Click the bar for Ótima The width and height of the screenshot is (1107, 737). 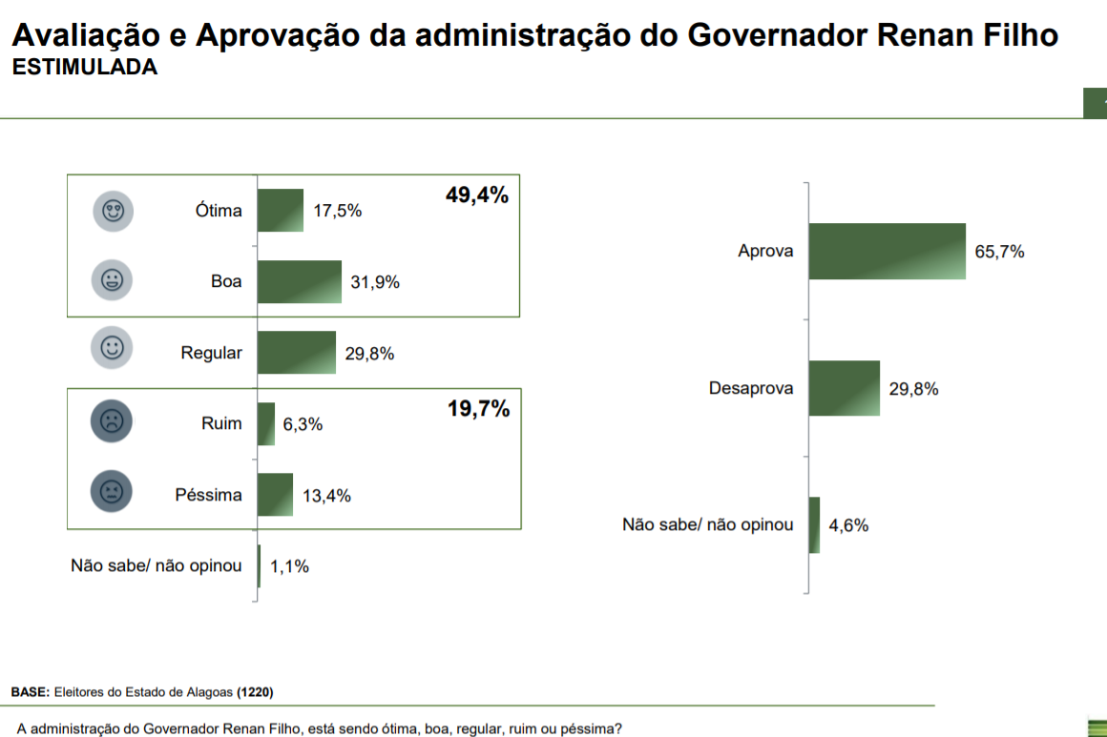point(281,210)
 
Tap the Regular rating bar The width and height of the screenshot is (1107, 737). point(297,353)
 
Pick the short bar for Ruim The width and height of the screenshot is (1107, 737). point(266,423)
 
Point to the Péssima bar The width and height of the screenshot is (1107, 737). point(275,495)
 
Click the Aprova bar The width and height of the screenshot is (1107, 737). point(887,252)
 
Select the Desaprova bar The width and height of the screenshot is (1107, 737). point(844,388)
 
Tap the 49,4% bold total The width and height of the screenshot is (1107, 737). point(477,195)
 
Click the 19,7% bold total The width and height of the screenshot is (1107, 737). point(478,410)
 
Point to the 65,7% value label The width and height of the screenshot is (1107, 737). point(999,252)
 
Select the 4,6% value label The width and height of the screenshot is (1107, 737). point(848,525)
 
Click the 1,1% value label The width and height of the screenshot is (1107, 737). point(289,566)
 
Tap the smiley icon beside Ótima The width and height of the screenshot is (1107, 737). point(113,211)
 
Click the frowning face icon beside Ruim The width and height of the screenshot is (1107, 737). point(112,422)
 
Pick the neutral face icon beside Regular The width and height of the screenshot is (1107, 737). point(112,348)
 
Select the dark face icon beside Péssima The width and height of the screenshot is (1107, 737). point(112,492)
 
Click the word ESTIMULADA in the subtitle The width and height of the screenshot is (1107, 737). point(84,68)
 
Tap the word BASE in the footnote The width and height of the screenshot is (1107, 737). point(30,691)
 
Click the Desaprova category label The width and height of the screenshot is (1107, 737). point(751,389)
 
